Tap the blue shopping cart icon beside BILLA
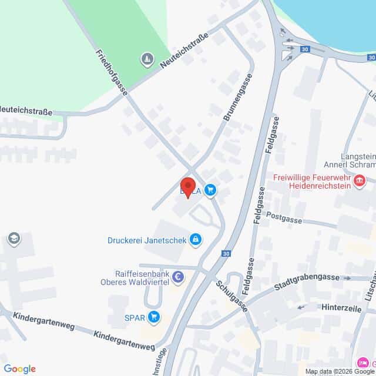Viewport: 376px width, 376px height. coord(210,190)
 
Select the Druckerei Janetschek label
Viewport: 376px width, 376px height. coord(146,240)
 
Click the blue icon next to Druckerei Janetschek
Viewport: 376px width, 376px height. coord(195,239)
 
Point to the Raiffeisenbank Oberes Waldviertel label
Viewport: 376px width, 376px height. coord(141,277)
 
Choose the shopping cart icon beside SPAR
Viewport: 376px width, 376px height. coord(154,317)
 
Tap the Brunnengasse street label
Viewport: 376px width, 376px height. coord(238,97)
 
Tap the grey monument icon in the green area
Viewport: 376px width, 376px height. coord(146,59)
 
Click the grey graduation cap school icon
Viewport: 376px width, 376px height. coord(13,239)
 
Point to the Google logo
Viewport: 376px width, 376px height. coord(19,369)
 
